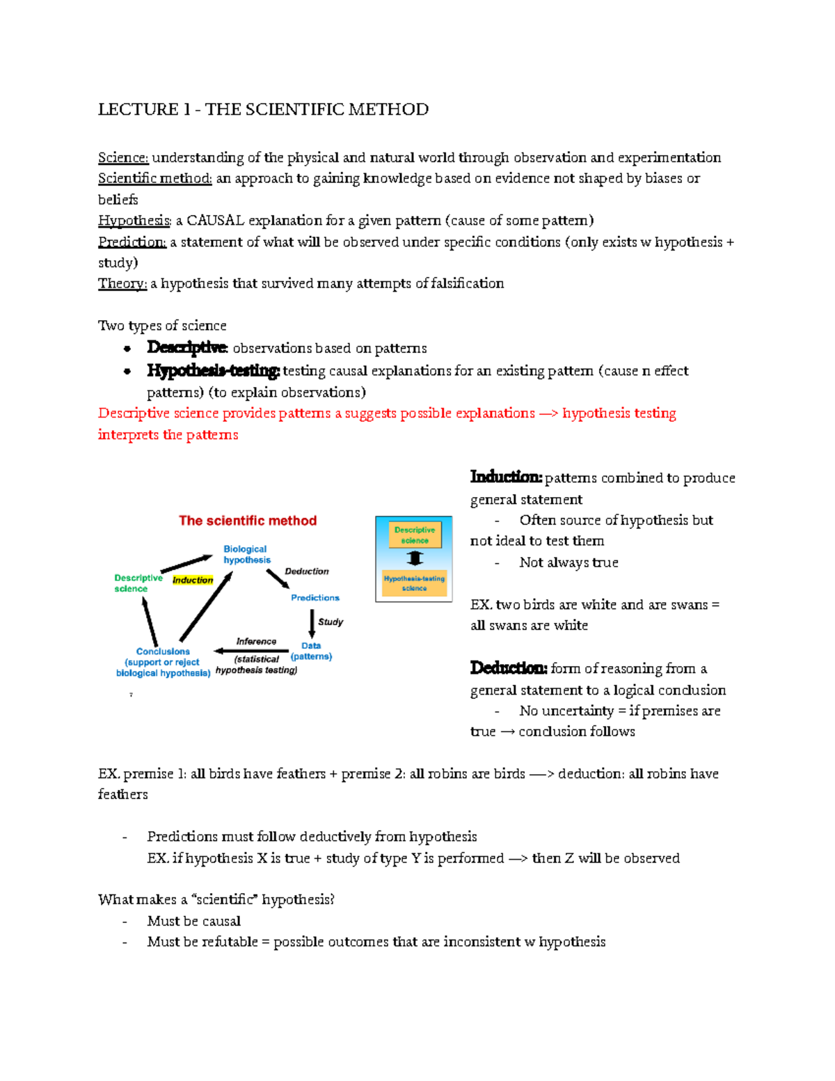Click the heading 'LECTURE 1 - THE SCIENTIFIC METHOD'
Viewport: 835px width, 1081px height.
(263, 109)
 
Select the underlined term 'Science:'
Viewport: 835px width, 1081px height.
(123, 158)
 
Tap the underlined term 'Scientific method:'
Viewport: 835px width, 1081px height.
(154, 179)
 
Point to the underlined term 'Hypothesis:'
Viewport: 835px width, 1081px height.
(134, 221)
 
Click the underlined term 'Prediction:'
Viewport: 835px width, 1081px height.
(132, 242)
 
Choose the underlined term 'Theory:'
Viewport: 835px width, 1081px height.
(122, 283)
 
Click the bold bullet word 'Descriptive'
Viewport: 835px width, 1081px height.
(187, 347)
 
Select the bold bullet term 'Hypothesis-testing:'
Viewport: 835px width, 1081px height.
(213, 371)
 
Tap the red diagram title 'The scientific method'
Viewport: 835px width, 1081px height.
(248, 521)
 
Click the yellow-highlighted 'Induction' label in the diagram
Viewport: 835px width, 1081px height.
(193, 580)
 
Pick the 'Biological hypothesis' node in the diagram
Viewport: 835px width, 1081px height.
(246, 555)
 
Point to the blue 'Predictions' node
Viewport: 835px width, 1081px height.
(315, 598)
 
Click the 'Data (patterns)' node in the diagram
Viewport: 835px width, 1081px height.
(311, 651)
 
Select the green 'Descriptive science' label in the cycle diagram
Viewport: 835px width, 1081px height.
(138, 583)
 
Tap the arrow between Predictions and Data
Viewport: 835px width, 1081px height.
(312, 623)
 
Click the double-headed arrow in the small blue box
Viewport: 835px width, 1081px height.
(415, 558)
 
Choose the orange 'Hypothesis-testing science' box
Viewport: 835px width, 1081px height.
(414, 583)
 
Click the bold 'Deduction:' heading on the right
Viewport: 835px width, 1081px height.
(509, 668)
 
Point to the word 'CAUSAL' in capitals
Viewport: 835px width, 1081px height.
(215, 221)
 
